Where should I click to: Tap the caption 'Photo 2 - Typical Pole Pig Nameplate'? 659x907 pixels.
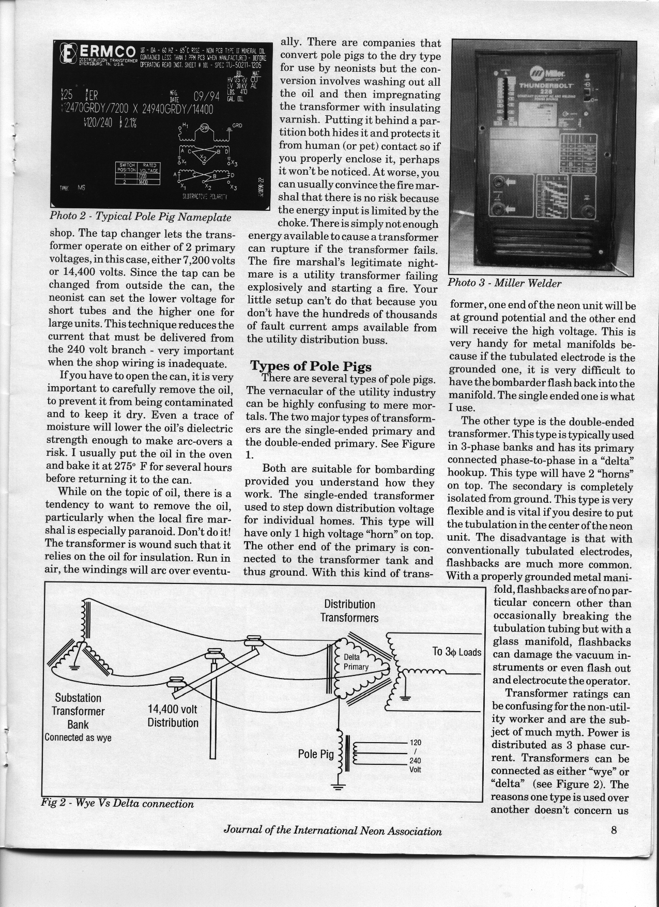pyautogui.click(x=140, y=217)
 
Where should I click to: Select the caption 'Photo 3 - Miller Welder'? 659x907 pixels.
pyautogui.click(x=504, y=283)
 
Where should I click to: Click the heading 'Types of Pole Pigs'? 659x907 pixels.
pyautogui.click(x=311, y=366)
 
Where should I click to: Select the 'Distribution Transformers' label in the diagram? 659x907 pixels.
pyautogui.click(x=349, y=611)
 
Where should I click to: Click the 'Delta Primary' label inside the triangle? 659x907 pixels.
pyautogui.click(x=356, y=662)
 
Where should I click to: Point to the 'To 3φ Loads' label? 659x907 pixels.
pyautogui.click(x=456, y=652)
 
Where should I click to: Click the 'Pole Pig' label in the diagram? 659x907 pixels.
pyautogui.click(x=316, y=755)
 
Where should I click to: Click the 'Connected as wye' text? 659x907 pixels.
pyautogui.click(x=78, y=737)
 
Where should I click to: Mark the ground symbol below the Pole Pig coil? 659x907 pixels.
pyautogui.click(x=339, y=788)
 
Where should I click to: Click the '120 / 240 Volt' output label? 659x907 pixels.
pyautogui.click(x=415, y=756)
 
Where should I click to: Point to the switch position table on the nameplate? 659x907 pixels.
pyautogui.click(x=139, y=173)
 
